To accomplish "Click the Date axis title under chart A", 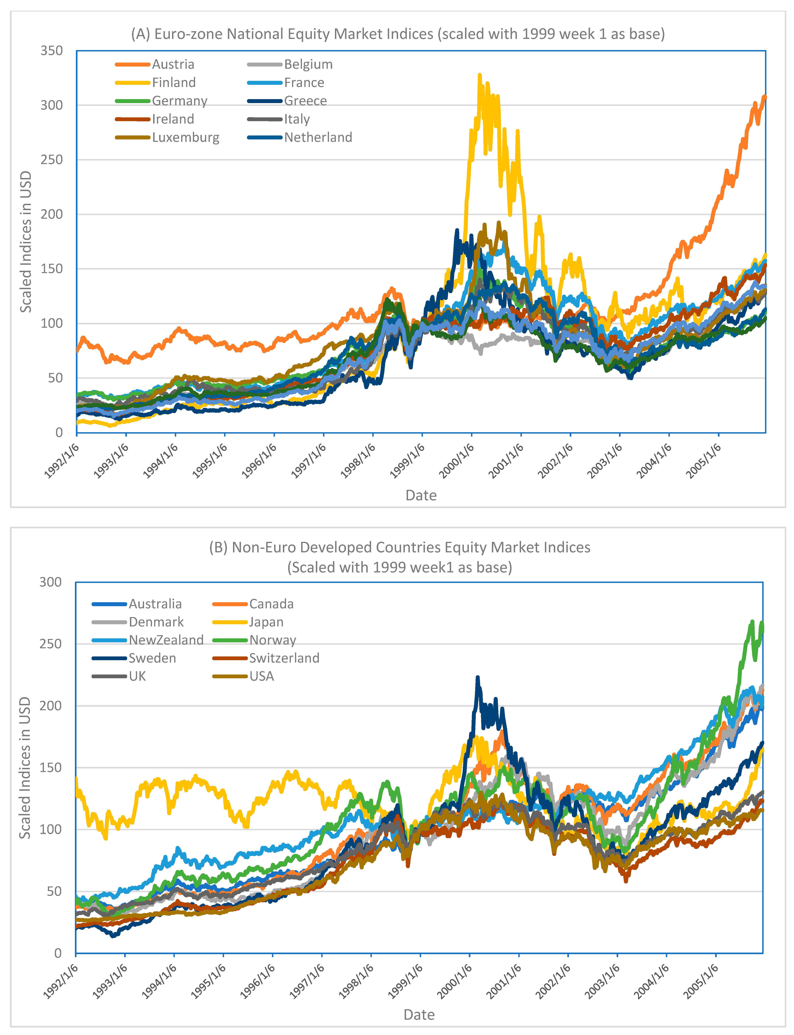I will (421, 495).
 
